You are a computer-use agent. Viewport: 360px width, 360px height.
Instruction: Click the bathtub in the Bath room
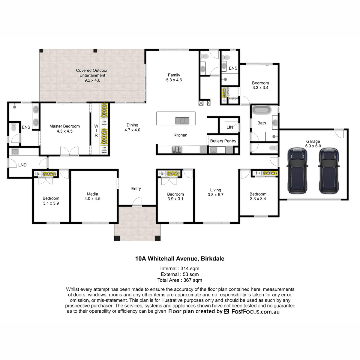point(261,110)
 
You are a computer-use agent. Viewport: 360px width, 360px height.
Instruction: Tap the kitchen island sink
point(182,121)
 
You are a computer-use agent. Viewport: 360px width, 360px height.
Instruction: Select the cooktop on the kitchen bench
point(176,149)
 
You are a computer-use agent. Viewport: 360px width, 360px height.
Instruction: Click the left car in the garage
point(297,171)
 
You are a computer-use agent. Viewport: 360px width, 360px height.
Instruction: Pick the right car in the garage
point(329,171)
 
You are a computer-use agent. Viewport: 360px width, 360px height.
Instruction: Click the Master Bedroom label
point(64,126)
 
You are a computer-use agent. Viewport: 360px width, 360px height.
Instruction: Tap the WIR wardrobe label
point(96,130)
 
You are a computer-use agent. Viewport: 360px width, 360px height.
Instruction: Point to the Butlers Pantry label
point(223,141)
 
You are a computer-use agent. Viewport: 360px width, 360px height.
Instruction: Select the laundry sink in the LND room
point(15,151)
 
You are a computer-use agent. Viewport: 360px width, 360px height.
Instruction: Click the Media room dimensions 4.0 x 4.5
point(92,199)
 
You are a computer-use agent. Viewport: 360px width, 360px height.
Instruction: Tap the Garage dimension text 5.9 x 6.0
point(313,146)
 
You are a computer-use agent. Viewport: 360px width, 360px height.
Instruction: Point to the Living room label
point(215,190)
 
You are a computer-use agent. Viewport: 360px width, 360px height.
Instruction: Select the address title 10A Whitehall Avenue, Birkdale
point(180,259)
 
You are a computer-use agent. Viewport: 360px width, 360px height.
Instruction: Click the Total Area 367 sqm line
point(180,280)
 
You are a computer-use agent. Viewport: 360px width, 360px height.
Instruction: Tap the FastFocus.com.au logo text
point(255,311)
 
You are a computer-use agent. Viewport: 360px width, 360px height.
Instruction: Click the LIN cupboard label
point(229,127)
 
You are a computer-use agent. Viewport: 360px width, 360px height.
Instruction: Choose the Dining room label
point(132,125)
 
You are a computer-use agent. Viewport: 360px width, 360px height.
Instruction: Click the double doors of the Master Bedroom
point(69,151)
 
